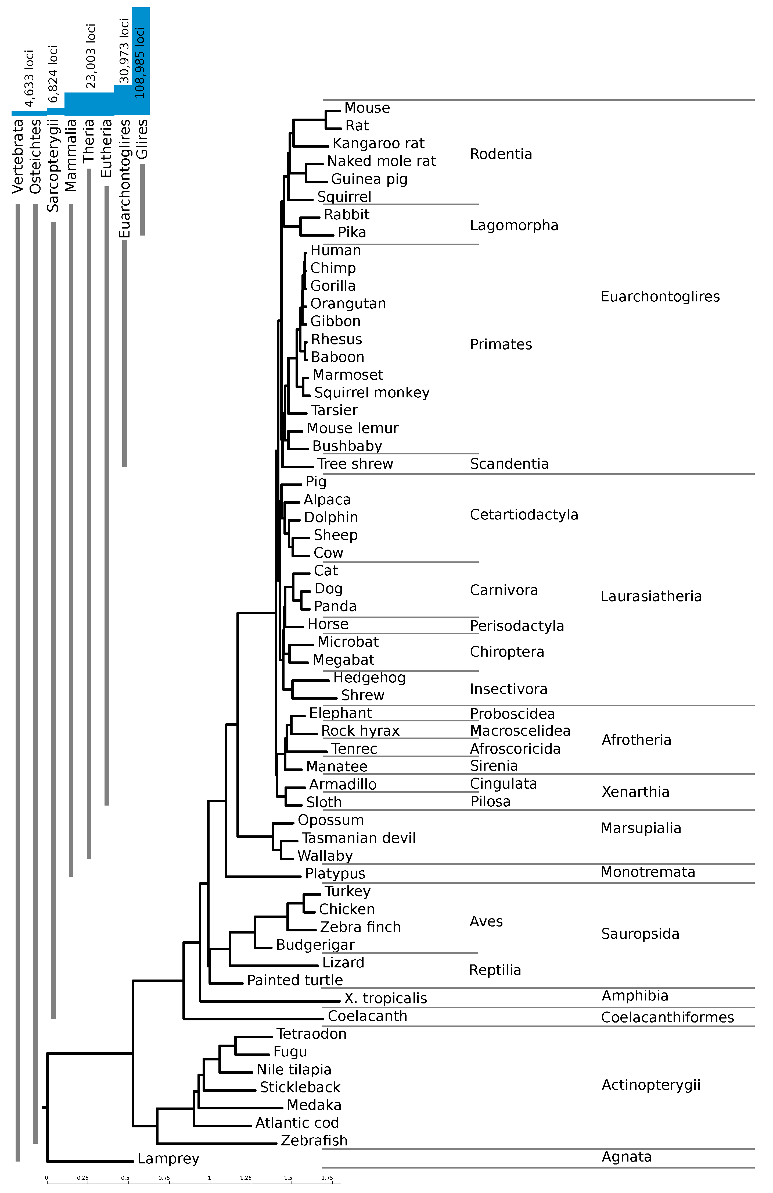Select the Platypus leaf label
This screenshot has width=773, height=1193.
click(x=335, y=873)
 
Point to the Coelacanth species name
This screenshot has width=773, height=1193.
click(x=367, y=1016)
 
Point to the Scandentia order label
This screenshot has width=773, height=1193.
click(x=509, y=464)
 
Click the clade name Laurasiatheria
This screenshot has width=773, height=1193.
click(x=651, y=596)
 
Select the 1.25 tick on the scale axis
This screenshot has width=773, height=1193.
click(x=246, y=1178)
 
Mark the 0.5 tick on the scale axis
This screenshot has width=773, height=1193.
click(x=125, y=1178)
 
